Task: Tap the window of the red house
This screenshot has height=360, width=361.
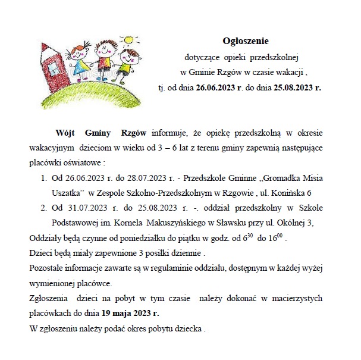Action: click(x=57, y=65)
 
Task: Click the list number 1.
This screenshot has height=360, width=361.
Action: click(x=43, y=177)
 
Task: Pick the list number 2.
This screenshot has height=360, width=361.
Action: click(x=43, y=208)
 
